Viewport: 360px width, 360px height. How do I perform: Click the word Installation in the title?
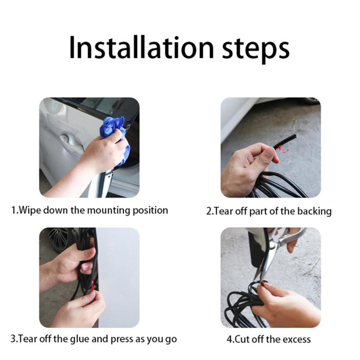coord(141,47)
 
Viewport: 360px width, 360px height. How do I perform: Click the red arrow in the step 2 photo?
coord(283,149)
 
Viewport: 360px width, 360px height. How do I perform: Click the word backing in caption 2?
coord(314,211)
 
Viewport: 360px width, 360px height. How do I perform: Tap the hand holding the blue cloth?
coord(104,151)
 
